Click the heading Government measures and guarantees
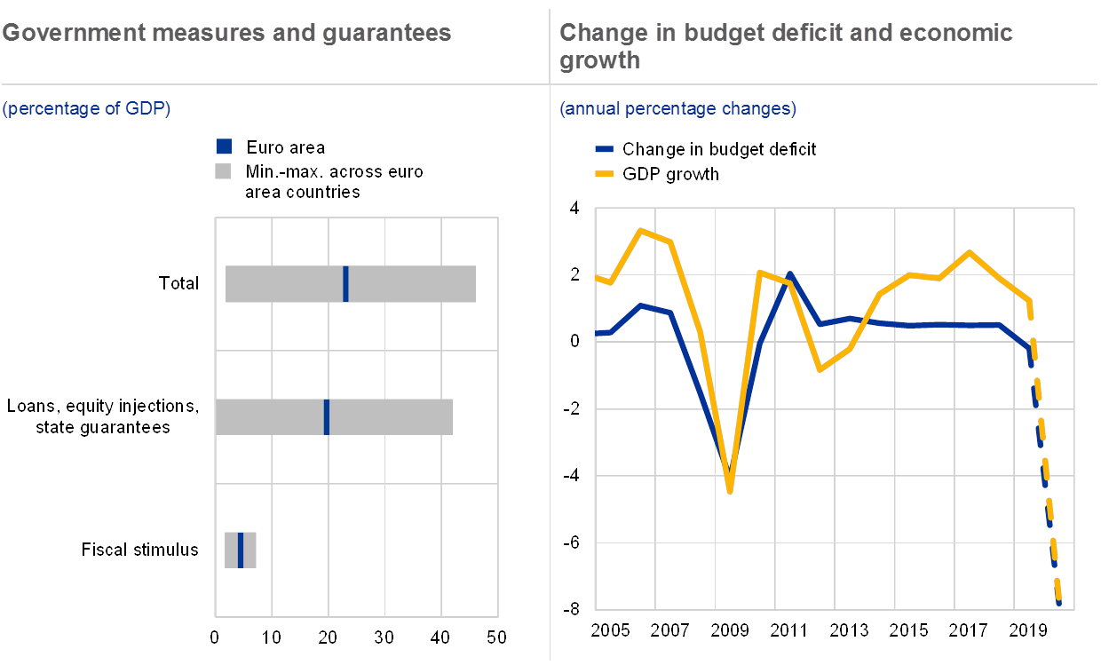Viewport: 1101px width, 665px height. [x=226, y=34]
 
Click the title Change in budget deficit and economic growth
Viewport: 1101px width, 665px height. [x=786, y=46]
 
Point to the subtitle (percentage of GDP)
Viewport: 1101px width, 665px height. [x=86, y=109]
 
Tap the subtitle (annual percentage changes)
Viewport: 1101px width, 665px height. [x=677, y=109]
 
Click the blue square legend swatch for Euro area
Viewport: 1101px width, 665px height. [x=224, y=147]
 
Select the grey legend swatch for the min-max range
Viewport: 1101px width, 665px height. [x=224, y=170]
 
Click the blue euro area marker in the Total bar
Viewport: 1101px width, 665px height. [x=345, y=284]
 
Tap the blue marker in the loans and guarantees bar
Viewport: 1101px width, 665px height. [x=327, y=417]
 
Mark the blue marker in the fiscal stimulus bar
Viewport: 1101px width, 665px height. [x=240, y=550]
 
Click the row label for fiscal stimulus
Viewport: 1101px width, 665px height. [x=147, y=550]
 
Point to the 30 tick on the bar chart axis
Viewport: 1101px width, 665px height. [x=384, y=637]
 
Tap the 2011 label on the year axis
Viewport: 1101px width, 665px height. [x=788, y=630]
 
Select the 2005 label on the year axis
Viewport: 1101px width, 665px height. [x=611, y=630]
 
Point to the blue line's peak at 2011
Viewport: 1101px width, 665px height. [x=789, y=274]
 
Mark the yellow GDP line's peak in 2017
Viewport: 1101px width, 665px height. [x=970, y=252]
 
